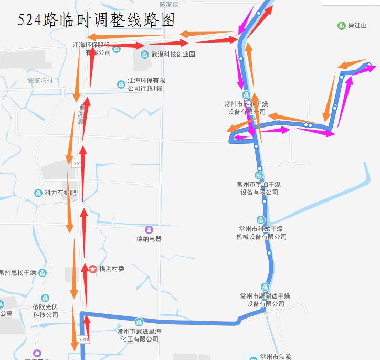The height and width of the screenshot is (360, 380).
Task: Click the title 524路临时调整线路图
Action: (96, 20)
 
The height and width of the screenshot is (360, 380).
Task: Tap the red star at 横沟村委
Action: (93, 269)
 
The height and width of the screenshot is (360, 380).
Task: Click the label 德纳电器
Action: (149, 239)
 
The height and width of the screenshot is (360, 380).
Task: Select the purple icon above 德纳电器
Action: (149, 229)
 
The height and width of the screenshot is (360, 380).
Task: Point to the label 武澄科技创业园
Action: (173, 54)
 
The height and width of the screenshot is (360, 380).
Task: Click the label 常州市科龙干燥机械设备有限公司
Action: (261, 233)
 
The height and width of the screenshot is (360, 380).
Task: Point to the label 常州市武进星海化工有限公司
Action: (139, 335)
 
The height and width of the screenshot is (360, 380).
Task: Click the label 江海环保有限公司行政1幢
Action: (145, 84)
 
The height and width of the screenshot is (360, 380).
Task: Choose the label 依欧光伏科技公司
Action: (45, 311)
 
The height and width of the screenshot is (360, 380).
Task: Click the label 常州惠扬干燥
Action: (18, 272)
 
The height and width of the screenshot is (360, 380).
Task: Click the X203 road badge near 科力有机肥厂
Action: (77, 164)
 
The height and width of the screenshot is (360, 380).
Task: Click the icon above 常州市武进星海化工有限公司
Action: (139, 322)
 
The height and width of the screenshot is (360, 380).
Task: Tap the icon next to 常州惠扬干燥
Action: (43, 272)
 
